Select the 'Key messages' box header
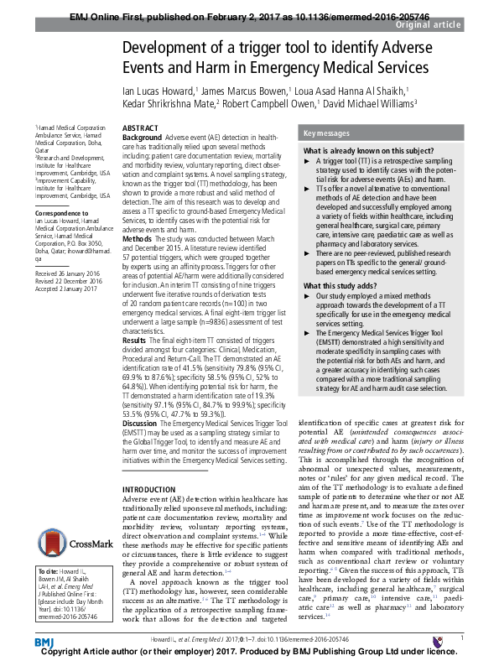[327, 133]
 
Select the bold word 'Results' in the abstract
[137, 340]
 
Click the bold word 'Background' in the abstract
[143, 135]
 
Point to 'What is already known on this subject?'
[367, 149]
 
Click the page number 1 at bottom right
[463, 637]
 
